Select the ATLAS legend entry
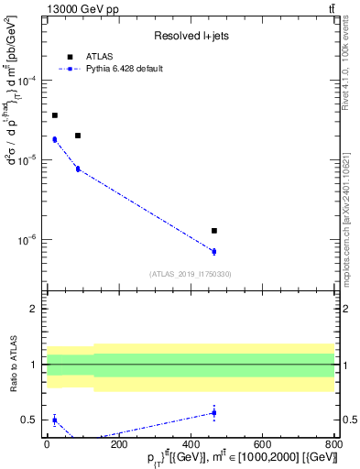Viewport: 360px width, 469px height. [101, 57]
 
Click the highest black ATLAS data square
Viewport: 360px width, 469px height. [54, 115]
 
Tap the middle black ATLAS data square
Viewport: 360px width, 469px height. [78, 136]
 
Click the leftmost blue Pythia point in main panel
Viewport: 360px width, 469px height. [54, 139]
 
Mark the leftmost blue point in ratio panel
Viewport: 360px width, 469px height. [54, 420]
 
